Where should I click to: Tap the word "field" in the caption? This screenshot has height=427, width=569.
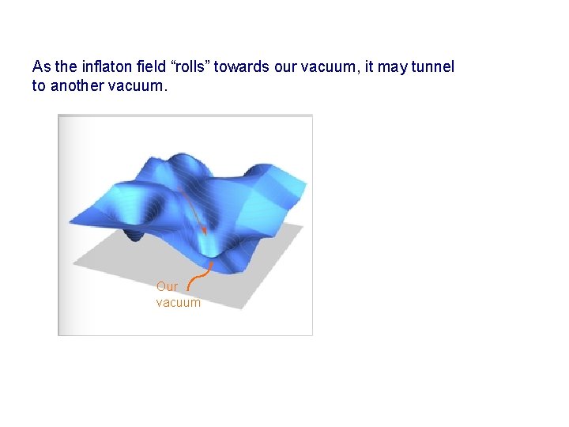tap(148, 67)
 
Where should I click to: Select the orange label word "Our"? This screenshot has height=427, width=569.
tap(167, 287)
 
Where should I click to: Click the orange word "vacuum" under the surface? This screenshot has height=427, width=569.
tap(178, 302)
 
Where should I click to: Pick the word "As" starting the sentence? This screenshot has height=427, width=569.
tap(40, 67)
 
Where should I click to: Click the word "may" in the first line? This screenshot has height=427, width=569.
tap(391, 67)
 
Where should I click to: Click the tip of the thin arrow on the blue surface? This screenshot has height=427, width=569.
tap(205, 233)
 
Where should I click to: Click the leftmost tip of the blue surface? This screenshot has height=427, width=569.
tap(70, 221)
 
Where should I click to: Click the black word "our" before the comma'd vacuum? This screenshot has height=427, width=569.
tap(286, 67)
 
